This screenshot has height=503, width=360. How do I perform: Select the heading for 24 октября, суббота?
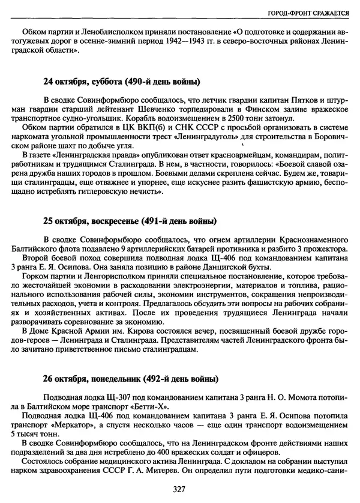122,81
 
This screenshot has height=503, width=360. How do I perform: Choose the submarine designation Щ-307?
109,397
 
